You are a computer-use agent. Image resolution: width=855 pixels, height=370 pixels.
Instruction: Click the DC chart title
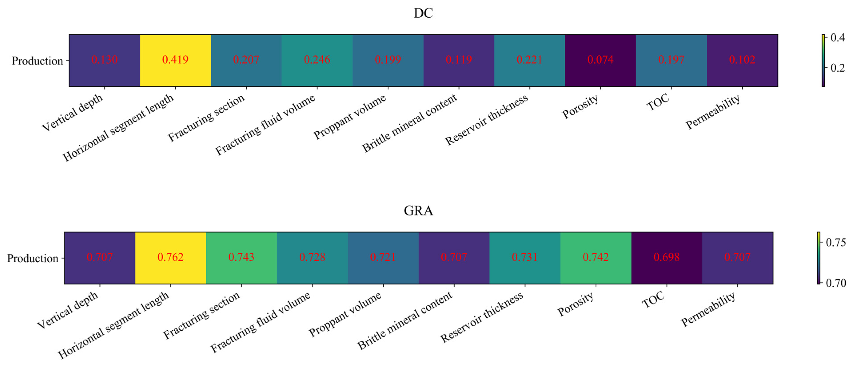423,13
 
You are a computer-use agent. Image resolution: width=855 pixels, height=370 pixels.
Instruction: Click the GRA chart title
418,211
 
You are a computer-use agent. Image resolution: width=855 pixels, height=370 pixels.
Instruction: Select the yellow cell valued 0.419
175,60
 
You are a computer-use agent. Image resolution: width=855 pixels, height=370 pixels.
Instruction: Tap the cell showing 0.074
600,60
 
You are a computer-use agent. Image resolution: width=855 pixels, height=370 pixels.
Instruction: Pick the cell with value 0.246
317,60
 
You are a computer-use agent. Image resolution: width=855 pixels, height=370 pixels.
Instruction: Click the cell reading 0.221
529,60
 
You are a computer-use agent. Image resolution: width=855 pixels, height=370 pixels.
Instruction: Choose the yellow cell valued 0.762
171,258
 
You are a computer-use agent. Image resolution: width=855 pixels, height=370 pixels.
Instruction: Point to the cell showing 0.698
666,258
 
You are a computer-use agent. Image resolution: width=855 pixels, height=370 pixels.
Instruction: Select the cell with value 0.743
241,258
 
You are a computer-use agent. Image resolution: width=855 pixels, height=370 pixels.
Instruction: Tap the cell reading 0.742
596,258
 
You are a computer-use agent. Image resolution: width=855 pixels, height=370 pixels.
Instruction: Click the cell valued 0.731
525,258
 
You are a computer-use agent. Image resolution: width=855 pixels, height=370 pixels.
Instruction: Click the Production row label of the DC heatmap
37,61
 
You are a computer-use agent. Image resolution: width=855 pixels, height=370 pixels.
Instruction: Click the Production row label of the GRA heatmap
32,258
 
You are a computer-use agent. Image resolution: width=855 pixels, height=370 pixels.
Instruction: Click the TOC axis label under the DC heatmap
658,102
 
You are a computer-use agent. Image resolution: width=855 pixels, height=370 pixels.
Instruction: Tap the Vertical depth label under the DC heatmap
73,112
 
